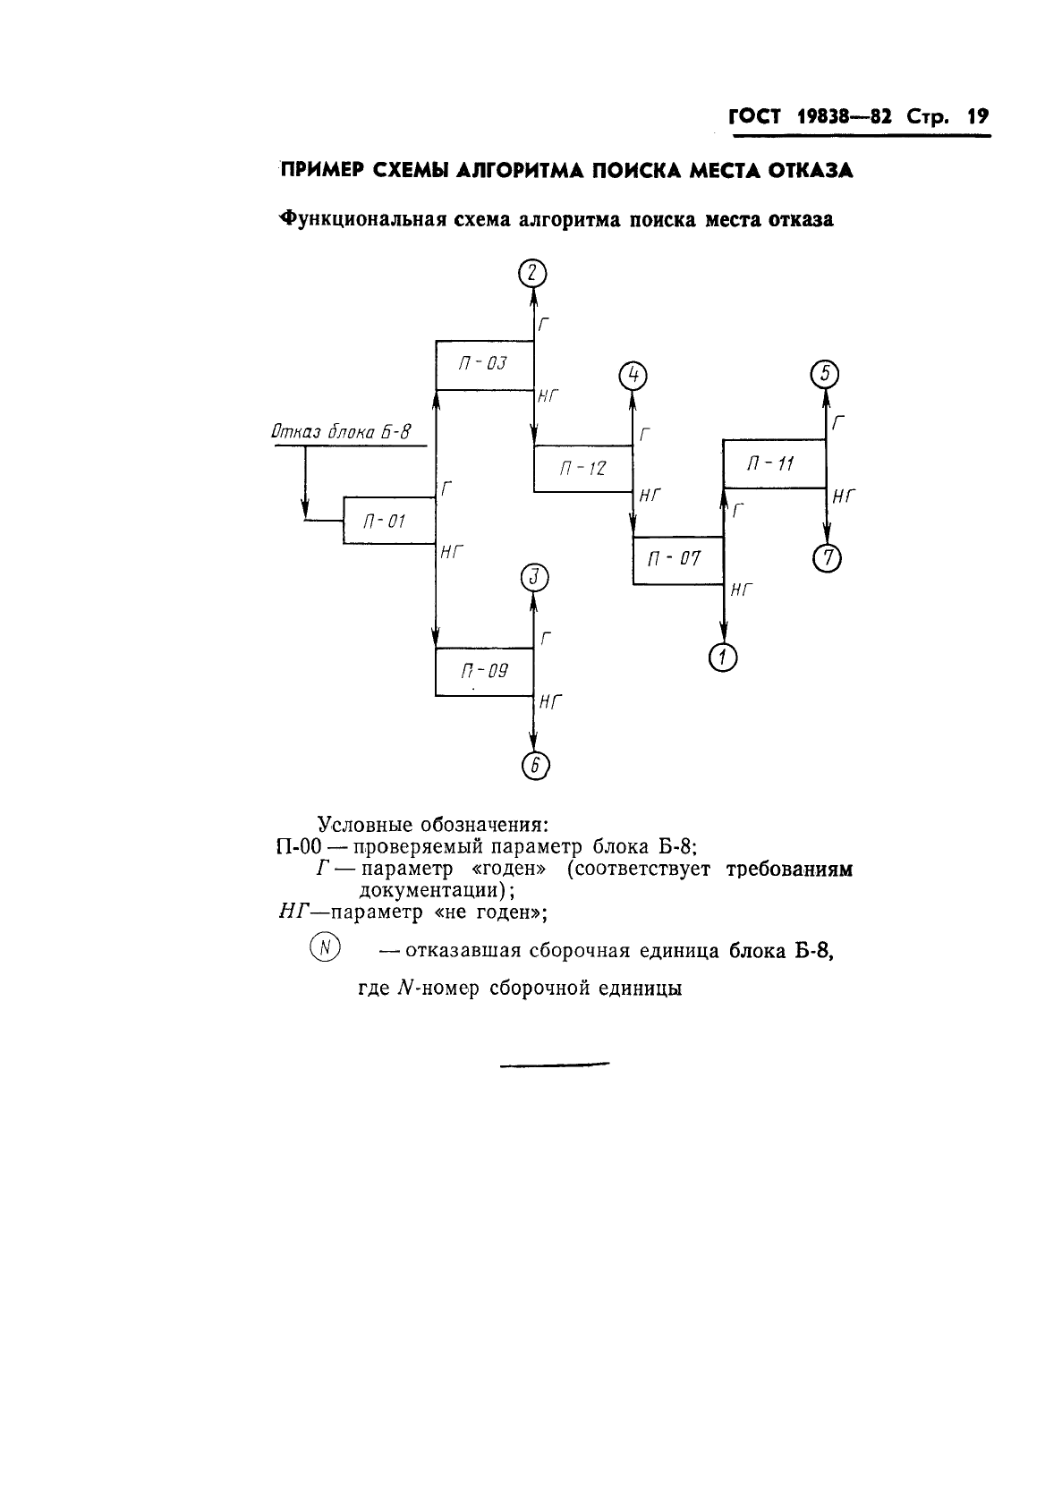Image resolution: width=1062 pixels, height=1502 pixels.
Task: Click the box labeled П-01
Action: [x=389, y=521]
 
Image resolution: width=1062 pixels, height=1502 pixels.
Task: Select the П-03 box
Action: [x=485, y=365]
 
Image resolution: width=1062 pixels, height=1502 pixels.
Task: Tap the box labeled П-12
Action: [x=583, y=469]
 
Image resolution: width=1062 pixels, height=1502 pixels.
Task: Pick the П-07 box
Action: [x=678, y=561]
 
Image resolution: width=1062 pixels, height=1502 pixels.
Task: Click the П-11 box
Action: [x=775, y=464]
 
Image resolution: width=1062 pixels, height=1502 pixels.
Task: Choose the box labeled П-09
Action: [x=485, y=672]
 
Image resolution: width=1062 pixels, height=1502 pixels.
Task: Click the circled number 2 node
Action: [x=533, y=274]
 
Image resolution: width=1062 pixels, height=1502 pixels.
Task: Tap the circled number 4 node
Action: [x=633, y=376]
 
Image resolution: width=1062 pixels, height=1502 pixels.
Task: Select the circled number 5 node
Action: [x=825, y=374]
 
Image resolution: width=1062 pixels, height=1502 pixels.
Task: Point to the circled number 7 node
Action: [x=828, y=558]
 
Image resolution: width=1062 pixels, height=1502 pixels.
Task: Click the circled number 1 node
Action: [x=723, y=658]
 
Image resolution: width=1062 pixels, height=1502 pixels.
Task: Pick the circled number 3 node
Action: [x=534, y=578]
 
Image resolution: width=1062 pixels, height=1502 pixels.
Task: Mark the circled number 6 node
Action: [x=535, y=766]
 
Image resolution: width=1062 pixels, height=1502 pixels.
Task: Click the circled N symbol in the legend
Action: [x=325, y=948]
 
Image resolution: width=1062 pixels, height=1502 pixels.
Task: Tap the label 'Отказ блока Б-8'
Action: [x=341, y=432]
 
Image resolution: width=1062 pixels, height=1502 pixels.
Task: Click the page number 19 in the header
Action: [x=978, y=116]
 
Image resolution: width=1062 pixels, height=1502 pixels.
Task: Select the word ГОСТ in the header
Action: [x=755, y=116]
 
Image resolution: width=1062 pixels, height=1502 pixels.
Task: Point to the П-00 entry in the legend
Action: [x=299, y=846]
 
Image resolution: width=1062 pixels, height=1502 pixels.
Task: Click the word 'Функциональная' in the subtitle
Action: [x=362, y=219]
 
